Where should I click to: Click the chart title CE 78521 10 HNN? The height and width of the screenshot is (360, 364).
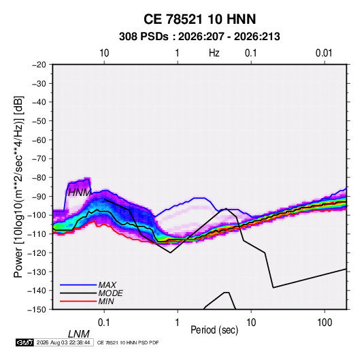point(199,19)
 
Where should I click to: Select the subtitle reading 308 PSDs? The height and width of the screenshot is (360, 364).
point(144,37)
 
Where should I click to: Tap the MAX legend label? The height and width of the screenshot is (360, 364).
point(107,285)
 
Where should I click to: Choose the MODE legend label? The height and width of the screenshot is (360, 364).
point(110,293)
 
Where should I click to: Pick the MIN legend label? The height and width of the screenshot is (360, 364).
point(106,301)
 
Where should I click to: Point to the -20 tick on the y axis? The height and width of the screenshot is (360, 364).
point(39,65)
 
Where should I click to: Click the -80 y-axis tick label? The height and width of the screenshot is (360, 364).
point(39,178)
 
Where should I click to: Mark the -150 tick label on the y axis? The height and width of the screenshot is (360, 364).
point(37,310)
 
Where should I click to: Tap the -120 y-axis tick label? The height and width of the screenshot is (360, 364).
point(37,252)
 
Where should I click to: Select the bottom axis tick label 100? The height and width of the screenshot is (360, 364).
point(325,323)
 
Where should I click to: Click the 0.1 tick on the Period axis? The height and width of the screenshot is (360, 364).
point(104,323)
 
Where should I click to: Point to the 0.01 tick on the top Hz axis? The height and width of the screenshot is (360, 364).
point(324,53)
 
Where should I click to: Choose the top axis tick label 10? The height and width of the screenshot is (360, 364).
point(104,53)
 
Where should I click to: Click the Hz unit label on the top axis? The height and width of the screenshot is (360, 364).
point(214,53)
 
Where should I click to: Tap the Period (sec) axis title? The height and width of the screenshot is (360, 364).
point(214,330)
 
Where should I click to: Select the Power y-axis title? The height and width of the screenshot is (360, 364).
point(18,186)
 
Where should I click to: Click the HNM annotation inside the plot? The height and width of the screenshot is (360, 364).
point(80,193)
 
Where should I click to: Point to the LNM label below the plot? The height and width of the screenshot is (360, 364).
point(79,334)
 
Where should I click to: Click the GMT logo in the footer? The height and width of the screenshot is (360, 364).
point(25,342)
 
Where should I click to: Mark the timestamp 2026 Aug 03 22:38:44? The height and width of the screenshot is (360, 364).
point(63,342)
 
